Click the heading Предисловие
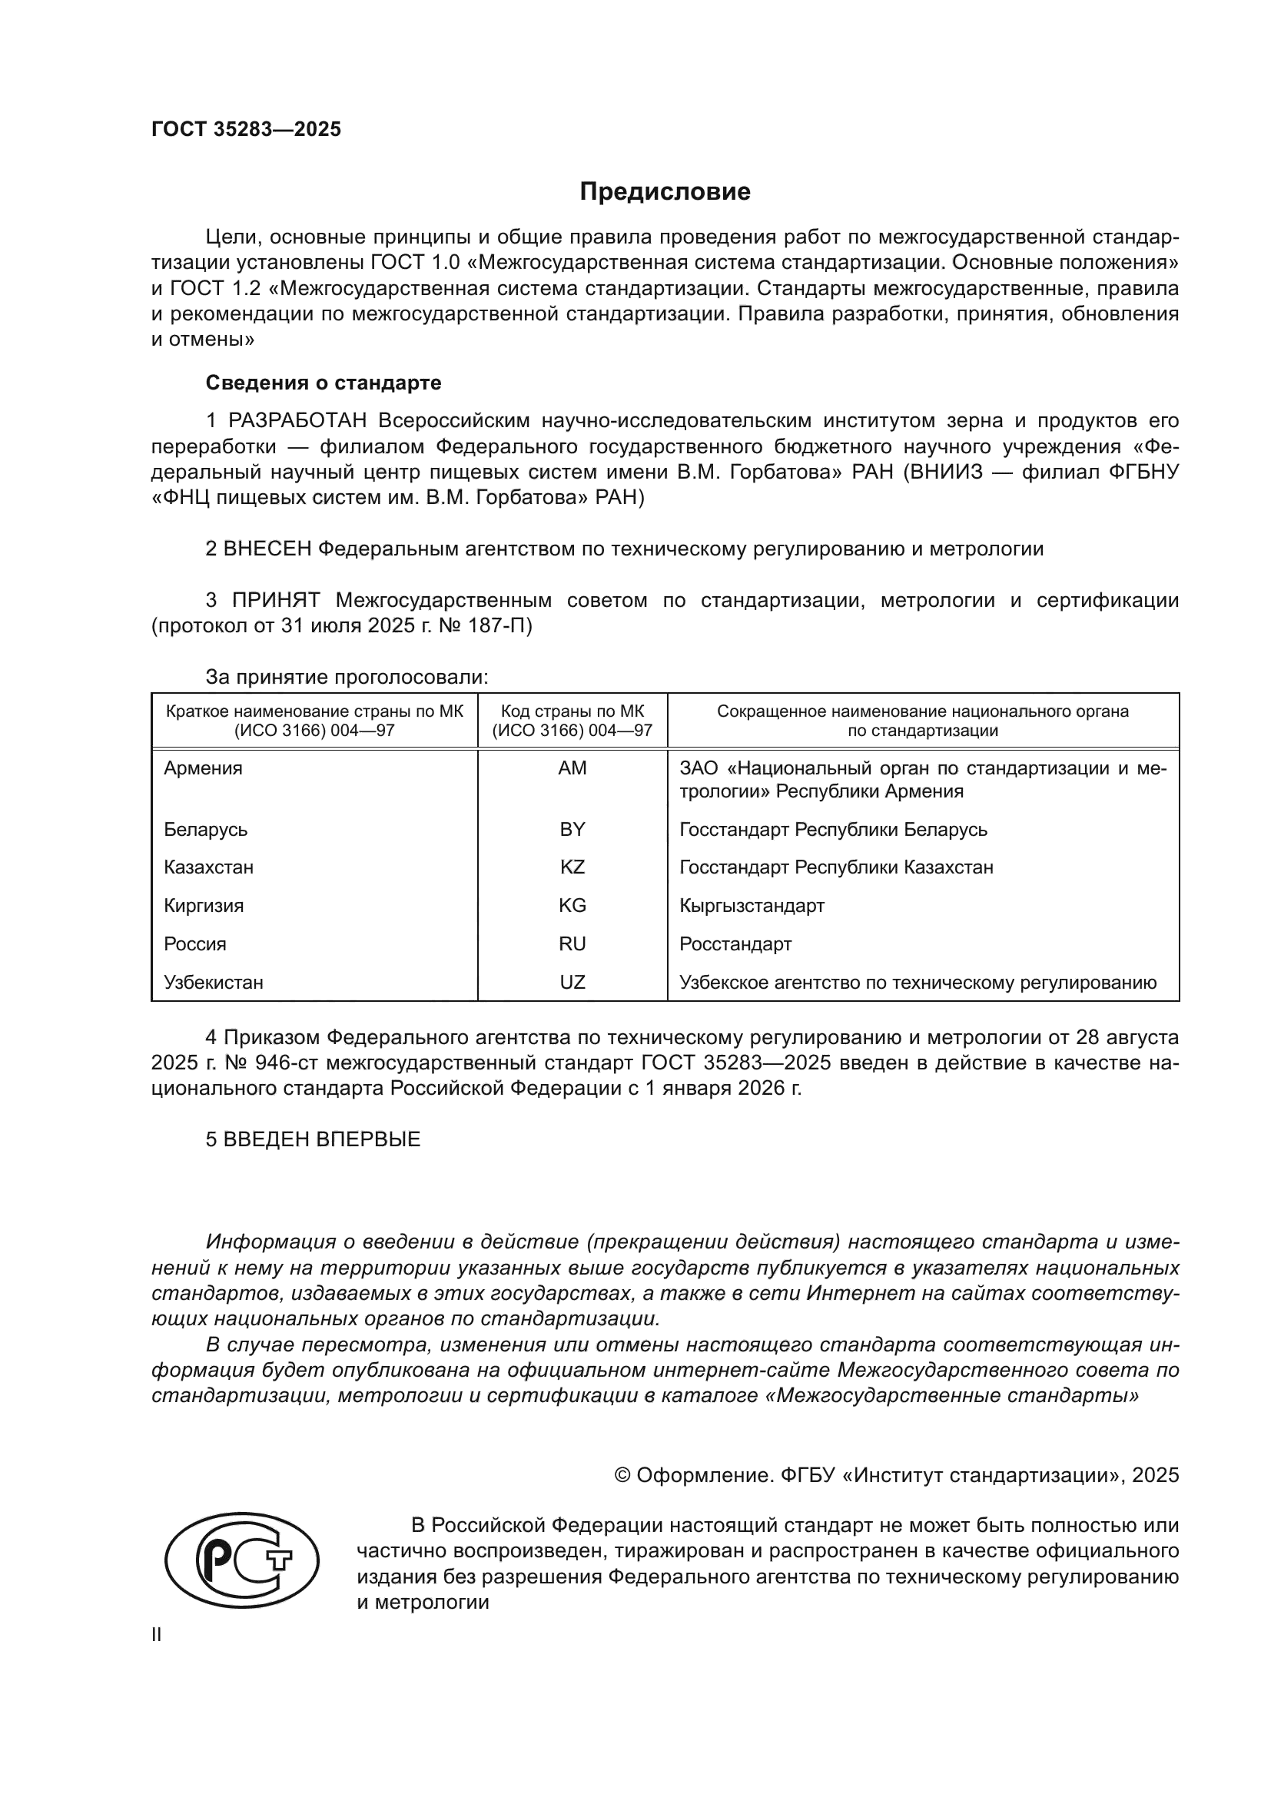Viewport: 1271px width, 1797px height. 665,192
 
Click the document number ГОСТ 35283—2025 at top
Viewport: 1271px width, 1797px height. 247,130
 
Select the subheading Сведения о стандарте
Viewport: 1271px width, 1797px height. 324,383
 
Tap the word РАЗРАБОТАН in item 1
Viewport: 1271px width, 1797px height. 297,421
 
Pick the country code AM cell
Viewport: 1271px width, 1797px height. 572,768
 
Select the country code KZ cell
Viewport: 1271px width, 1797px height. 572,867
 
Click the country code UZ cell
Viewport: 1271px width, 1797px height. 572,983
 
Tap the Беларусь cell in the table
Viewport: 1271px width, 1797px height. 206,830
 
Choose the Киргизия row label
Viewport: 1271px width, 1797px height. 204,907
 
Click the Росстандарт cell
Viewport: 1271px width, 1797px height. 735,944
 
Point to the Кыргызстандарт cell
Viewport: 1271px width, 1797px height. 752,907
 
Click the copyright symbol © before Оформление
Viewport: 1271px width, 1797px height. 622,1475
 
